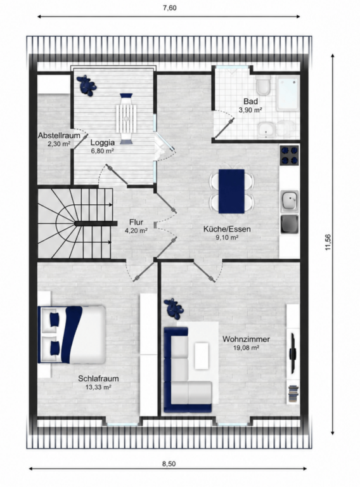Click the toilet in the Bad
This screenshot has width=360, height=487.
[264, 85]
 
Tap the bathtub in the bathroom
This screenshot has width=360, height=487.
[288, 93]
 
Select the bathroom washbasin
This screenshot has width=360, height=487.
[266, 129]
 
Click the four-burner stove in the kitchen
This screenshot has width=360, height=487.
[289, 155]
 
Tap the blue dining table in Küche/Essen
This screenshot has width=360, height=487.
[231, 191]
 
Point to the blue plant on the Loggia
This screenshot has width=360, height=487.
[87, 86]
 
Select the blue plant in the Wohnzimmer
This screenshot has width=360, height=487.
[174, 308]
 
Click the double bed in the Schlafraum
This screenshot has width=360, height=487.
[72, 335]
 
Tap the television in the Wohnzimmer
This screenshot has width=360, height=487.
[293, 353]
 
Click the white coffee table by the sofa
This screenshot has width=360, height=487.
[202, 356]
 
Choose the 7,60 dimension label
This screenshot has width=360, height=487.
[170, 8]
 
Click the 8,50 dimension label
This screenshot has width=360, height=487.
[169, 464]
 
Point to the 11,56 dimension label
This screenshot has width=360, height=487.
[328, 242]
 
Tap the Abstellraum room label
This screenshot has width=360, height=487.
[59, 136]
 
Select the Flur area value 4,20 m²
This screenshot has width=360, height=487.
[136, 230]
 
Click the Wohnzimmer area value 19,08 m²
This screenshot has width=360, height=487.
[246, 348]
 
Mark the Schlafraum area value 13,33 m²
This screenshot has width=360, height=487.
[98, 387]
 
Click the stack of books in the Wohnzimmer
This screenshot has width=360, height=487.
[293, 394]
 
